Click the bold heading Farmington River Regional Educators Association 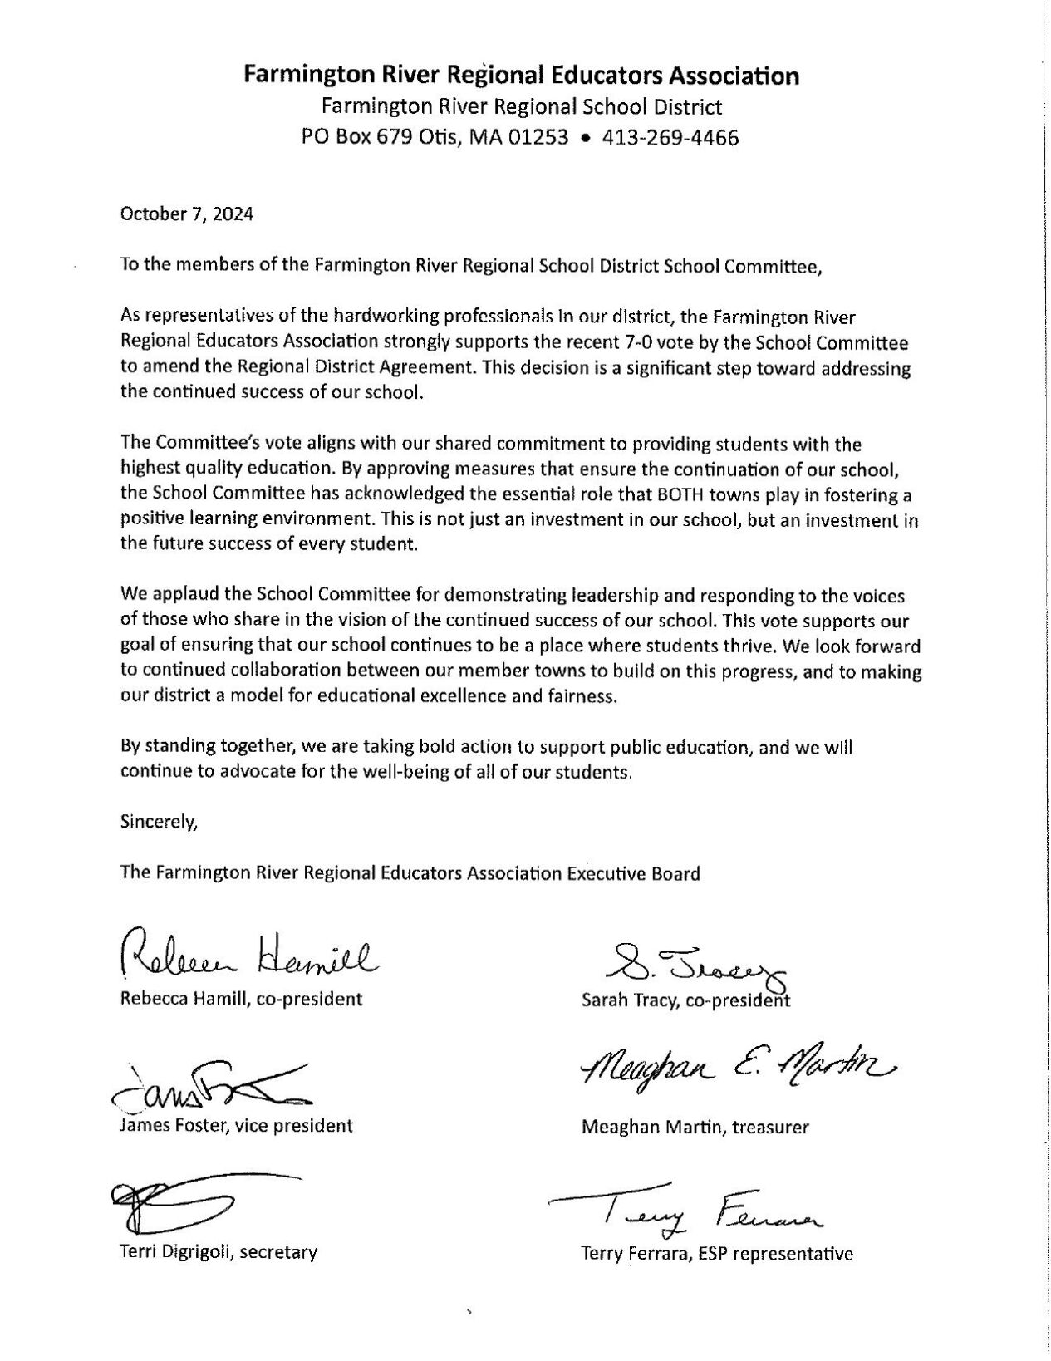(x=521, y=76)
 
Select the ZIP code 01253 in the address (x=541, y=137)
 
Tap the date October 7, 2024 (x=187, y=214)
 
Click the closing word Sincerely (x=160, y=823)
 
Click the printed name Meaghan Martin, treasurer (x=695, y=1127)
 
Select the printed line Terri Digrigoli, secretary (x=219, y=1251)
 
